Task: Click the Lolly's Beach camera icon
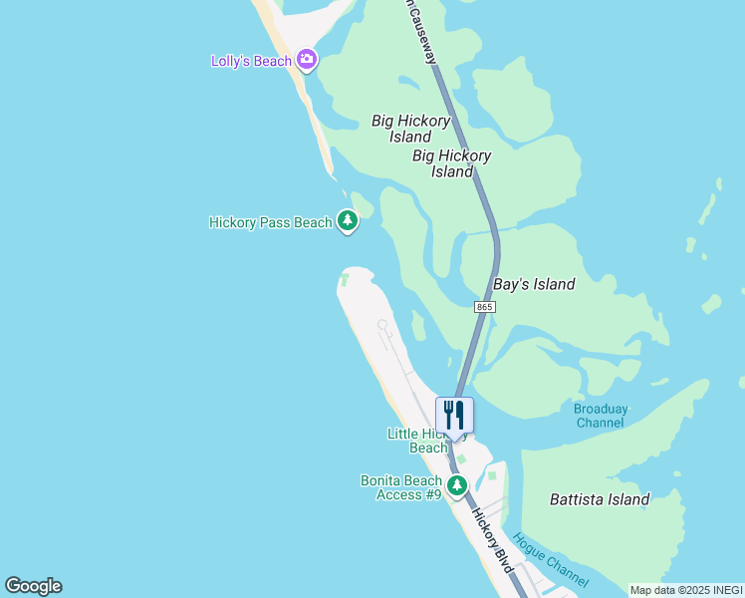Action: [307, 60]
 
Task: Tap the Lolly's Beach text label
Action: [252, 61]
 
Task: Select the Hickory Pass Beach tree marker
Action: [347, 221]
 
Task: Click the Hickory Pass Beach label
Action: [270, 222]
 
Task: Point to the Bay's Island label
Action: [535, 284]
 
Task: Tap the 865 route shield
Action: [484, 308]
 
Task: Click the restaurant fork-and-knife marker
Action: [454, 415]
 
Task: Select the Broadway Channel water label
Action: [601, 416]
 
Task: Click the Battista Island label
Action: [600, 499]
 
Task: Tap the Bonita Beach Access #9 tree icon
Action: [457, 485]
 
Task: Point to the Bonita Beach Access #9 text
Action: [400, 487]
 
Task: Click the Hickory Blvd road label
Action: [492, 541]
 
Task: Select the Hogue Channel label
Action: [551, 559]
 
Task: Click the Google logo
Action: [33, 586]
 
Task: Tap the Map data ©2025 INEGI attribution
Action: [685, 590]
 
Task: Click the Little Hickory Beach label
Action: [417, 441]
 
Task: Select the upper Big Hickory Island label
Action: [410, 129]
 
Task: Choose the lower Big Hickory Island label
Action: [451, 163]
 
